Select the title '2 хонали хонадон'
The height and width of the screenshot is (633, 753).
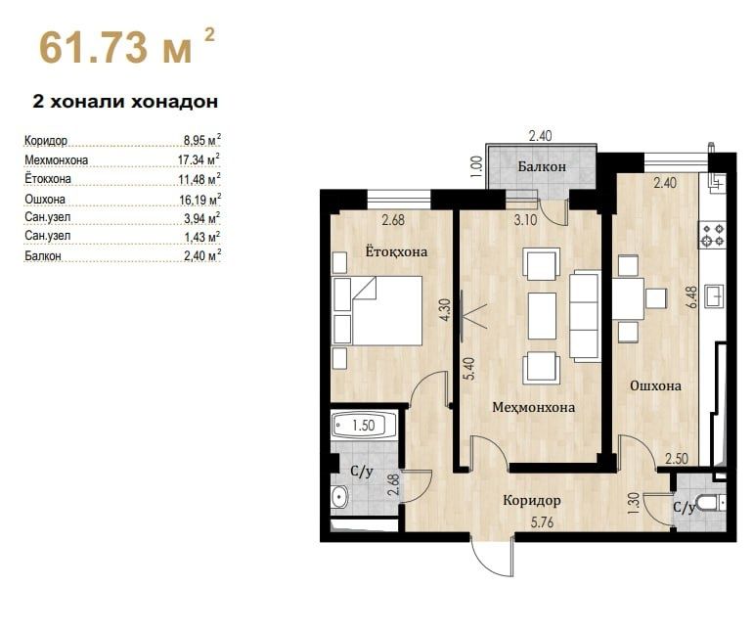(125, 102)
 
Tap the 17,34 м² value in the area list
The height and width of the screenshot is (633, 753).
(199, 159)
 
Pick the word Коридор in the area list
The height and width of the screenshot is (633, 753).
(46, 141)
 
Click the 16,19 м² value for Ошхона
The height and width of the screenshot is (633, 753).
(200, 199)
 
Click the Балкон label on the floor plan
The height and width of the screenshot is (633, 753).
(542, 166)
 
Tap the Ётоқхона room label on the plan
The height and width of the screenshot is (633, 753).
(396, 251)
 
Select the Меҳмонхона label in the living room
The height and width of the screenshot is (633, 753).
(534, 407)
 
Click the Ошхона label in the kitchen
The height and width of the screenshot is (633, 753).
(655, 385)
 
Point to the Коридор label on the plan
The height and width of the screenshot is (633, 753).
(532, 501)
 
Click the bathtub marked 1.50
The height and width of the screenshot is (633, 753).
(364, 425)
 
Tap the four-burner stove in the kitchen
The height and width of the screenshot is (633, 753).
(712, 235)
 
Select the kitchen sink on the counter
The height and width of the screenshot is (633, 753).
(715, 295)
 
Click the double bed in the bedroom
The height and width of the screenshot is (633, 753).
(377, 310)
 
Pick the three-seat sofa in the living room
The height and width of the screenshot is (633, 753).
(585, 315)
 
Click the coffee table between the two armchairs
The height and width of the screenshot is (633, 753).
(542, 316)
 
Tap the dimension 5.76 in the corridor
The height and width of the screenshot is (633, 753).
(542, 521)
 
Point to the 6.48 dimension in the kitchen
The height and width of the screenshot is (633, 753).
(691, 296)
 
